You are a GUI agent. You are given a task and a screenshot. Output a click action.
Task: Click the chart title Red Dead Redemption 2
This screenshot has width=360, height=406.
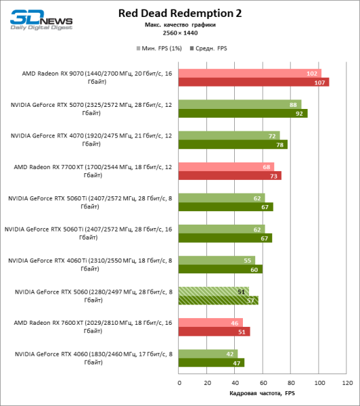tap(179, 13)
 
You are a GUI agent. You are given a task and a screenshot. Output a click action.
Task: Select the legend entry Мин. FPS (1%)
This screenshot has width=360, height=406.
tap(157, 49)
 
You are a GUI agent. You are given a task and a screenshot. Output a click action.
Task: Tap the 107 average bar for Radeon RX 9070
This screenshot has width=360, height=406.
tap(254, 82)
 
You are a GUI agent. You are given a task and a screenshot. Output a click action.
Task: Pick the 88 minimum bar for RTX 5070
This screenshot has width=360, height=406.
tap(240, 105)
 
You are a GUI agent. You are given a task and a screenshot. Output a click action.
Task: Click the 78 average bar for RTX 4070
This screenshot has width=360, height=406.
tap(233, 144)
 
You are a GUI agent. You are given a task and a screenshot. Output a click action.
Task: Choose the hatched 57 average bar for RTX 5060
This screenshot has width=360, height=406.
tap(219, 300)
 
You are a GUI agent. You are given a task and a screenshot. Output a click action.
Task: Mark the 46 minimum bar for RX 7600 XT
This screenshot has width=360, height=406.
tap(211, 323)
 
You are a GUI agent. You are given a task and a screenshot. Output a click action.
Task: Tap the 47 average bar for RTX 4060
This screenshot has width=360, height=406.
tap(212, 363)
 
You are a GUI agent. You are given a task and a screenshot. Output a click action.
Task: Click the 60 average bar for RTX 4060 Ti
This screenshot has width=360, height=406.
tap(221, 269)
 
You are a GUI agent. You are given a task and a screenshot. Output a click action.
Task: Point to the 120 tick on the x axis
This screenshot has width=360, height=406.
tap(347, 383)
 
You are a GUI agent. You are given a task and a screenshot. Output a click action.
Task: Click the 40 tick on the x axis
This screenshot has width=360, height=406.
tap(235, 383)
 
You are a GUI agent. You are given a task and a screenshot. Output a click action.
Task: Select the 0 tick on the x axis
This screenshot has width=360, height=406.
tap(179, 383)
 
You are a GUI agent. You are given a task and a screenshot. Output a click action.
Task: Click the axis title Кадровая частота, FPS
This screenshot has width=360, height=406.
tap(263, 394)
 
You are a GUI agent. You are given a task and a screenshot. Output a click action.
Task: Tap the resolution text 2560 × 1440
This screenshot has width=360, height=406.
tap(179, 32)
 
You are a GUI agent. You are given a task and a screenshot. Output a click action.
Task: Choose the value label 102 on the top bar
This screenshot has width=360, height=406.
tap(312, 74)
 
